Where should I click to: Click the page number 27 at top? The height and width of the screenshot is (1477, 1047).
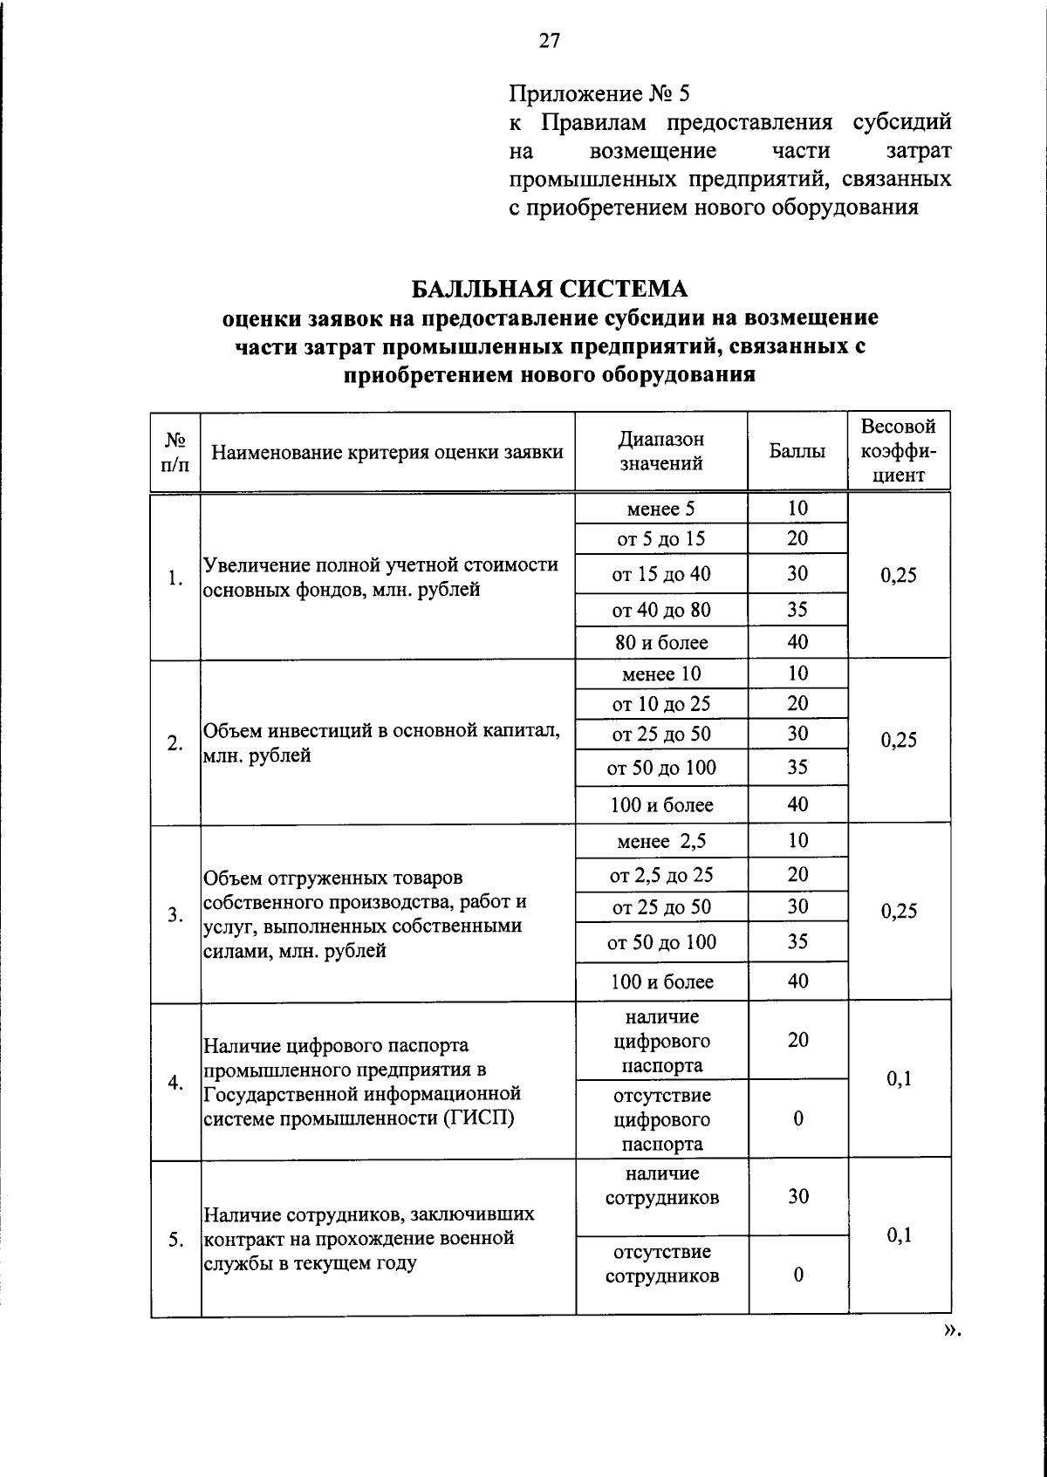pyautogui.click(x=550, y=40)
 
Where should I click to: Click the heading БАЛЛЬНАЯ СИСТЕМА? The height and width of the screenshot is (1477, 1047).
pyautogui.click(x=550, y=289)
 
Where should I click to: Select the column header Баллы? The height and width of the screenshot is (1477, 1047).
pyautogui.click(x=797, y=452)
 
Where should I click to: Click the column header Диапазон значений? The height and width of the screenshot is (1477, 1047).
pyautogui.click(x=661, y=451)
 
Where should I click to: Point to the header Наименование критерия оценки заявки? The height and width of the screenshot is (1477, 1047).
pyautogui.click(x=387, y=452)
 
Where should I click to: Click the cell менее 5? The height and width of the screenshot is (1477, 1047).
pyautogui.click(x=661, y=509)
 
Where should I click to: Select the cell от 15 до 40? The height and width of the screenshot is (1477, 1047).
pyautogui.click(x=661, y=574)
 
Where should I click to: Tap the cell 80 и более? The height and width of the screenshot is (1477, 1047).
pyautogui.click(x=661, y=643)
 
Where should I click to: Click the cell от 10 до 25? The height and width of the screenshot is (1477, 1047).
pyautogui.click(x=661, y=703)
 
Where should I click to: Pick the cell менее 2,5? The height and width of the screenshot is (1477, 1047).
pyautogui.click(x=661, y=841)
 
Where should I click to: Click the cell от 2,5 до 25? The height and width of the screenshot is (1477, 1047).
pyautogui.click(x=661, y=874)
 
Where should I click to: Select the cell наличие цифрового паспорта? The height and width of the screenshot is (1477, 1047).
pyautogui.click(x=661, y=1041)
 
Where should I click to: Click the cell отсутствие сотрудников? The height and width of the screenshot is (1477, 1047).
pyautogui.click(x=661, y=1264)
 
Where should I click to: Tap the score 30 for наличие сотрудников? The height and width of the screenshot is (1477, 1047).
pyautogui.click(x=798, y=1196)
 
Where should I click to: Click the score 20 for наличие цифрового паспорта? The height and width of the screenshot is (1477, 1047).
pyautogui.click(x=798, y=1040)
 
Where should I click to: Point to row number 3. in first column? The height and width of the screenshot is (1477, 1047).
pyautogui.click(x=175, y=914)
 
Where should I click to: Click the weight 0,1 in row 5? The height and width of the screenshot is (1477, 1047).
pyautogui.click(x=899, y=1234)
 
